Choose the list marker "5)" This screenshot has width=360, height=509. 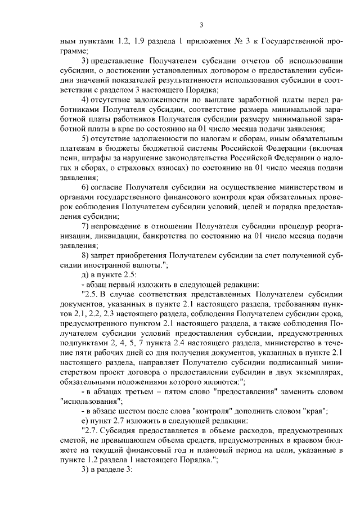85,138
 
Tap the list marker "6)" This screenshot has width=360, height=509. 85,187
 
